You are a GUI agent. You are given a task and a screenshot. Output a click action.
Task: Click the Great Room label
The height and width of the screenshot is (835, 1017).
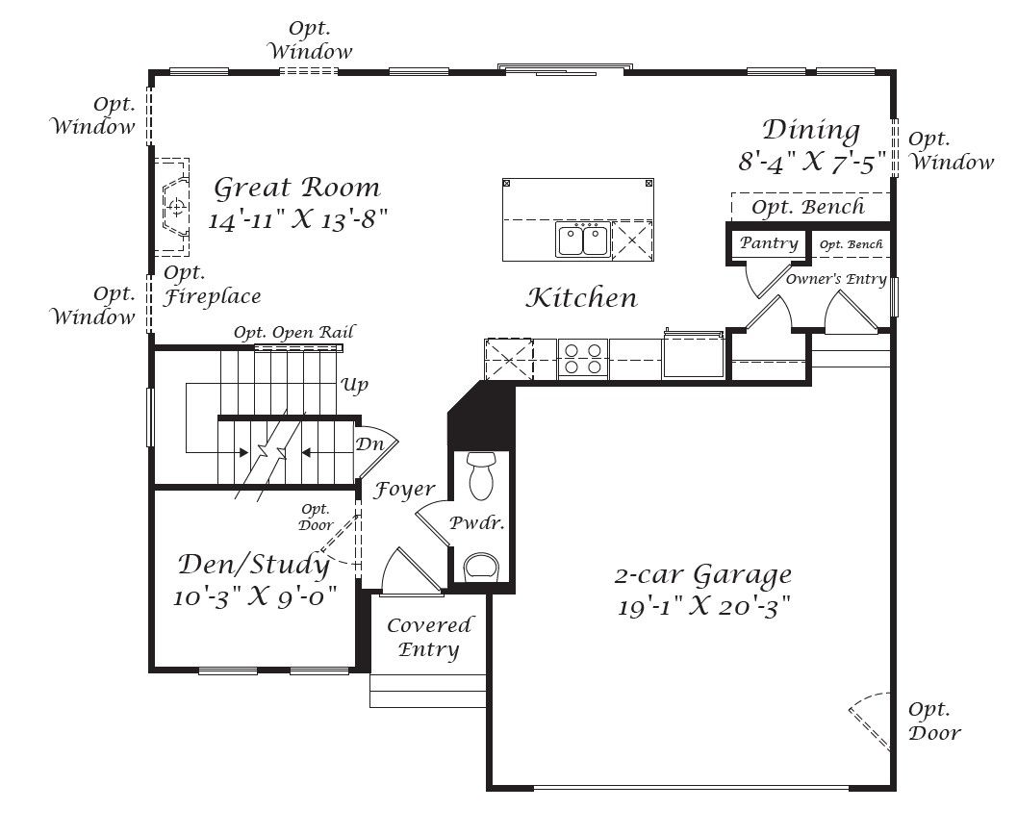point(297,188)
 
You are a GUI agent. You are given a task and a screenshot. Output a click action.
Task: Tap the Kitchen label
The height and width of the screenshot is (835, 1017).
point(582,297)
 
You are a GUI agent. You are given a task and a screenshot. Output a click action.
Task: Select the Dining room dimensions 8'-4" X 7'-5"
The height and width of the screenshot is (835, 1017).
point(812,161)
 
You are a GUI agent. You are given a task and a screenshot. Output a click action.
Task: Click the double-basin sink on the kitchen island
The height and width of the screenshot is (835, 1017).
point(582,240)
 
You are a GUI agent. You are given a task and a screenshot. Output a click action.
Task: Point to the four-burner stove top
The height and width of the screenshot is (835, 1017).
point(582,359)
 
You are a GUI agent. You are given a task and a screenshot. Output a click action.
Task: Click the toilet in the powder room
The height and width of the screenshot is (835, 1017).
point(481,475)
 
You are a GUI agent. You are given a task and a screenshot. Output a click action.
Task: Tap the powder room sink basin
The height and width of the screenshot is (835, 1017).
point(482,566)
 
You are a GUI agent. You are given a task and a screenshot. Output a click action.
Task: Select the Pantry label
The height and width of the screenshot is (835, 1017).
point(769,243)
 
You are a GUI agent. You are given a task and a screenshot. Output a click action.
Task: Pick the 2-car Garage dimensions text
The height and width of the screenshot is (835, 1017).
point(703,607)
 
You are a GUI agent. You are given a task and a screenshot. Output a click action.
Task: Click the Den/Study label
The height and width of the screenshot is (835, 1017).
point(254,565)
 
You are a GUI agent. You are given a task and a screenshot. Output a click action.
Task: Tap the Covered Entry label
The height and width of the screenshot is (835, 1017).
point(429,637)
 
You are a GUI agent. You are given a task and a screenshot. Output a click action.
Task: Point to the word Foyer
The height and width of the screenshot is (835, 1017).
point(403,490)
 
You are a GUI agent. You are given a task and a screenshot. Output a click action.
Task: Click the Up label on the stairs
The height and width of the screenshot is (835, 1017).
point(354,385)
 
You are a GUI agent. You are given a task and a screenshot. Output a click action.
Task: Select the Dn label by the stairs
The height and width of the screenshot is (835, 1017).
point(369,444)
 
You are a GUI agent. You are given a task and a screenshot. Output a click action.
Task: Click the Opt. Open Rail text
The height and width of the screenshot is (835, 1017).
point(293,333)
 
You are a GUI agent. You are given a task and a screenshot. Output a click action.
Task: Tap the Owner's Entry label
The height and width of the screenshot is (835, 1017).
point(836,279)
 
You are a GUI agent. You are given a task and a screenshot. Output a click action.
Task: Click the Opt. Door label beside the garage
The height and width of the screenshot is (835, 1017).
point(934,721)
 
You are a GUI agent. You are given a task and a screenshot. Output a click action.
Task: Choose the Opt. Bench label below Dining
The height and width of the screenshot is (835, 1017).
point(808,208)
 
